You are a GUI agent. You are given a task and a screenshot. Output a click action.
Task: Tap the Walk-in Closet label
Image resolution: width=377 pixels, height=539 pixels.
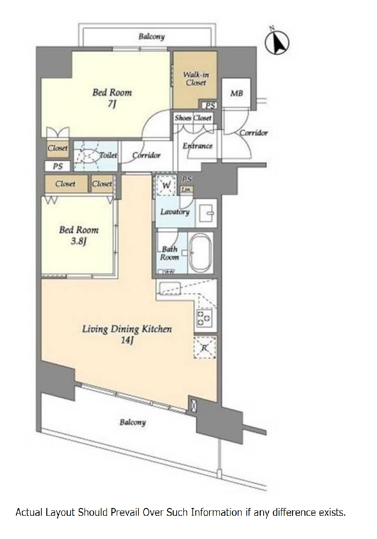click(x=195, y=78)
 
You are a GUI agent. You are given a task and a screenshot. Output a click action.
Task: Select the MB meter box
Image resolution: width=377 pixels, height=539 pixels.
click(x=236, y=93)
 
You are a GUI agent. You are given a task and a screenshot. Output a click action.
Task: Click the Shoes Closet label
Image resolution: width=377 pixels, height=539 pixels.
click(x=193, y=118)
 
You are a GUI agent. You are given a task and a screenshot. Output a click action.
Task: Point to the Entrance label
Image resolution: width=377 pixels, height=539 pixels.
click(x=197, y=146)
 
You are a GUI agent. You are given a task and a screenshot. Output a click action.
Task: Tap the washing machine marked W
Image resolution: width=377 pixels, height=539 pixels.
click(x=166, y=185)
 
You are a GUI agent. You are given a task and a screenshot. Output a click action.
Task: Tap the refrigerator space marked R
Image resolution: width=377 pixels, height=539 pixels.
click(x=204, y=348)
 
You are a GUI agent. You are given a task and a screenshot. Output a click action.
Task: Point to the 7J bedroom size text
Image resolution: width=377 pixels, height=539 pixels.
click(x=112, y=104)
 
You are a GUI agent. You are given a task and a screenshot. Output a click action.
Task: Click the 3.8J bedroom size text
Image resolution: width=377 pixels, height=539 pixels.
click(x=78, y=241)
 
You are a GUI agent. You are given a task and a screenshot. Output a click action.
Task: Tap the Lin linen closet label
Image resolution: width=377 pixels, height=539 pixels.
click(x=186, y=190)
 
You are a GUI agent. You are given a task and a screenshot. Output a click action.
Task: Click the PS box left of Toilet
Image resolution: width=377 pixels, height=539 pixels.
click(x=58, y=166)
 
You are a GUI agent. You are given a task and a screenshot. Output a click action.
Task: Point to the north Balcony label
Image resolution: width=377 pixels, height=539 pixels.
click(x=152, y=36)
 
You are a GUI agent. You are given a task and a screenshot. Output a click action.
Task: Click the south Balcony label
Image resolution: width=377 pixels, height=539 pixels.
click(x=132, y=422)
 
